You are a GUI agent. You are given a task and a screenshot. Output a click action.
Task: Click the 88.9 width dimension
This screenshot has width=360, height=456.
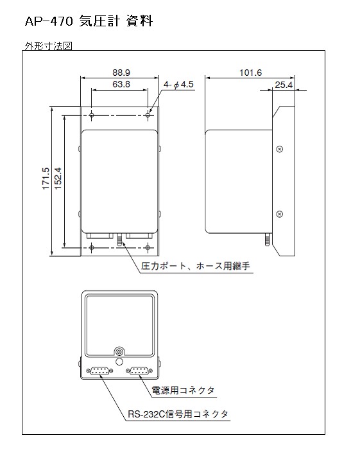(x=121, y=73)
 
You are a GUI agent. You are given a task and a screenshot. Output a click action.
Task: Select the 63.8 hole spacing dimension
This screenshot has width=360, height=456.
(x=121, y=84)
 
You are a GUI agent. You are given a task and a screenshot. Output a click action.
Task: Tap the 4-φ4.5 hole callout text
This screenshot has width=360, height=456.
(x=178, y=85)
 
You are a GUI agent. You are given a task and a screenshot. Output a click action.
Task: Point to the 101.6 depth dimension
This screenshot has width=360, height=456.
(x=250, y=73)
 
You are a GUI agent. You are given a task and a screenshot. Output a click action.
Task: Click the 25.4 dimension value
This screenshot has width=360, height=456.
(x=284, y=85)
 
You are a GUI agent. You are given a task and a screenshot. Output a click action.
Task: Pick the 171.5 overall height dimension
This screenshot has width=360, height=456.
(x=46, y=179)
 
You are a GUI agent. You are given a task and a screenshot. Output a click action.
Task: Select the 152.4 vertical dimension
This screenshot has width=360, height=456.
(x=58, y=179)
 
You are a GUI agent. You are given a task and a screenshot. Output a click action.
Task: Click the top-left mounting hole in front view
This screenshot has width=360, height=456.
(x=92, y=116)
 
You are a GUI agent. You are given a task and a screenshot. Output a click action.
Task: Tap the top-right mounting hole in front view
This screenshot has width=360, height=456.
(x=148, y=116)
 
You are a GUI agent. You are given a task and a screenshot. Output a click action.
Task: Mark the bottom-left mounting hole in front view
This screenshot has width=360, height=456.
(x=92, y=247)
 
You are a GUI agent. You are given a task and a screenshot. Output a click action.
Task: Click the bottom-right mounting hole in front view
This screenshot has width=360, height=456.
(x=148, y=247)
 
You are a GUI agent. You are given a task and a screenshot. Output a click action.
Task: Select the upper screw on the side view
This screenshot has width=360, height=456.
(x=279, y=149)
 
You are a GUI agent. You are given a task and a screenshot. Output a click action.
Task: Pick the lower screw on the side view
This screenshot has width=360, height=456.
(x=279, y=214)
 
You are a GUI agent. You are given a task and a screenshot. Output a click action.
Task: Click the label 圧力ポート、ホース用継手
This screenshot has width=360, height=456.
(x=196, y=266)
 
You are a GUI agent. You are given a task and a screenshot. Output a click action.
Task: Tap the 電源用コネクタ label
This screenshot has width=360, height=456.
(x=183, y=390)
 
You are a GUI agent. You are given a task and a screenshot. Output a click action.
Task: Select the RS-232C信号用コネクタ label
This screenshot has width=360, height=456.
(x=178, y=414)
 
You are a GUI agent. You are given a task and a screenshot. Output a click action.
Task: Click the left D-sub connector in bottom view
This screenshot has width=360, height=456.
(x=99, y=371)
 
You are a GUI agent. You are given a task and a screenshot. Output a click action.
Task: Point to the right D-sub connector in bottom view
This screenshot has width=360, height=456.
(x=139, y=371)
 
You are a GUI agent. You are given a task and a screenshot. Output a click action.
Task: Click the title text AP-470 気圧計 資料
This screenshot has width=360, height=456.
(x=89, y=21)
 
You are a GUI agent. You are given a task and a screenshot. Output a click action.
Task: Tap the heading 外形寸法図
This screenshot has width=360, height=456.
(x=48, y=46)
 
